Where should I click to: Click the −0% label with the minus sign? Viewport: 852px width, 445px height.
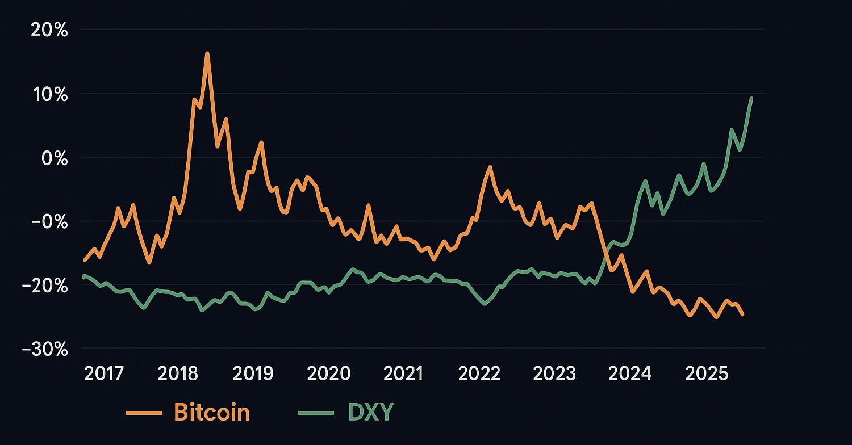(49, 221)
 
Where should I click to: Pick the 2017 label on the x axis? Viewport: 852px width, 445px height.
(103, 373)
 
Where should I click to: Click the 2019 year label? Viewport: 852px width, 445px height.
(253, 373)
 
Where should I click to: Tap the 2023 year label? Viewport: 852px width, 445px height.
(554, 373)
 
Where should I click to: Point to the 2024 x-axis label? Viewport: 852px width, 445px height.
(630, 373)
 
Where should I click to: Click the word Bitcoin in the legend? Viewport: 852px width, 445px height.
(211, 413)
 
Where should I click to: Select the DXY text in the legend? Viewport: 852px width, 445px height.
(370, 413)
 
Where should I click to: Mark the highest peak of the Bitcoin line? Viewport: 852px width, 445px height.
(207, 53)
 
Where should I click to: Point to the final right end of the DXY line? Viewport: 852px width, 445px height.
(751, 98)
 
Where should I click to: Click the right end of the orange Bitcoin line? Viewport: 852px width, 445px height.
(742, 314)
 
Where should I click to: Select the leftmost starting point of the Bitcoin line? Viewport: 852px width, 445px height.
(84, 261)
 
